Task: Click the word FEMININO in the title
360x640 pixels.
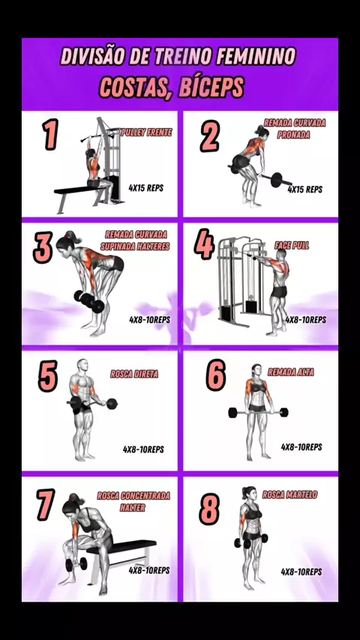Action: pos(256,57)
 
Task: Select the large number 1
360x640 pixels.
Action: pos(51,134)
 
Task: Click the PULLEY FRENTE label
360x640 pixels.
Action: pos(147,132)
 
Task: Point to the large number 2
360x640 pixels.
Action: pos(210,136)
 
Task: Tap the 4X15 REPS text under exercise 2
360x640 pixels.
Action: pos(304,190)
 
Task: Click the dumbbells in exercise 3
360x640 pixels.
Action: pos(89,301)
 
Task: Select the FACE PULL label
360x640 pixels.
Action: pos(292,245)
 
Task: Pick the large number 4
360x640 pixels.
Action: pos(204,244)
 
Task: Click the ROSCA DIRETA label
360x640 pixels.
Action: pos(134,374)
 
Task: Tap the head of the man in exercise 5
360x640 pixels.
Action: pos(83,365)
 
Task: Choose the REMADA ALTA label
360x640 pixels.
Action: pos(291,372)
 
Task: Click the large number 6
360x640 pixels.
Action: pos(215,375)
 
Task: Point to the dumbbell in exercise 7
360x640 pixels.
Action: pos(76,564)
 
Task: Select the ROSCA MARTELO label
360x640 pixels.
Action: pos(289,495)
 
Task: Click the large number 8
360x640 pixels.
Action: pos(209,509)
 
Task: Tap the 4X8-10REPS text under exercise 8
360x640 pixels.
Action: pos(301,572)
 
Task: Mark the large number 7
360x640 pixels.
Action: pos(45,505)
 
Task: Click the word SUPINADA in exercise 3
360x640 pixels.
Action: pos(119,247)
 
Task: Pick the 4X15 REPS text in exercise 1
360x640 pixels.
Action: pos(146,188)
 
